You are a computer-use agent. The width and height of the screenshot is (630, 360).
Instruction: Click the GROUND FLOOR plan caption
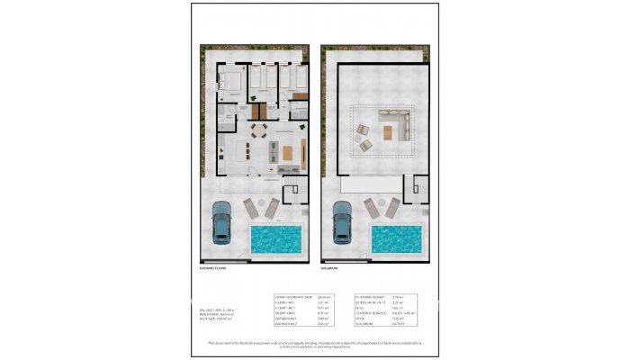[212, 267]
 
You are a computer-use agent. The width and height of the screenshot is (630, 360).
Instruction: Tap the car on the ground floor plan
[220, 222]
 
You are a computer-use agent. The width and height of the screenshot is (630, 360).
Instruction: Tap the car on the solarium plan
[342, 222]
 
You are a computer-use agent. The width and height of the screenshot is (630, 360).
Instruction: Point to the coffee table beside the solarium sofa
[388, 134]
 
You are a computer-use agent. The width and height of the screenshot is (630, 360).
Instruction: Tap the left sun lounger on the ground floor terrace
[251, 209]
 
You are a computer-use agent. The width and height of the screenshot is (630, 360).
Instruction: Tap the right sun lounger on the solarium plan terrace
[393, 209]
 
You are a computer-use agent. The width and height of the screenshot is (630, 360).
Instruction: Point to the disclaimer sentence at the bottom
[314, 345]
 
